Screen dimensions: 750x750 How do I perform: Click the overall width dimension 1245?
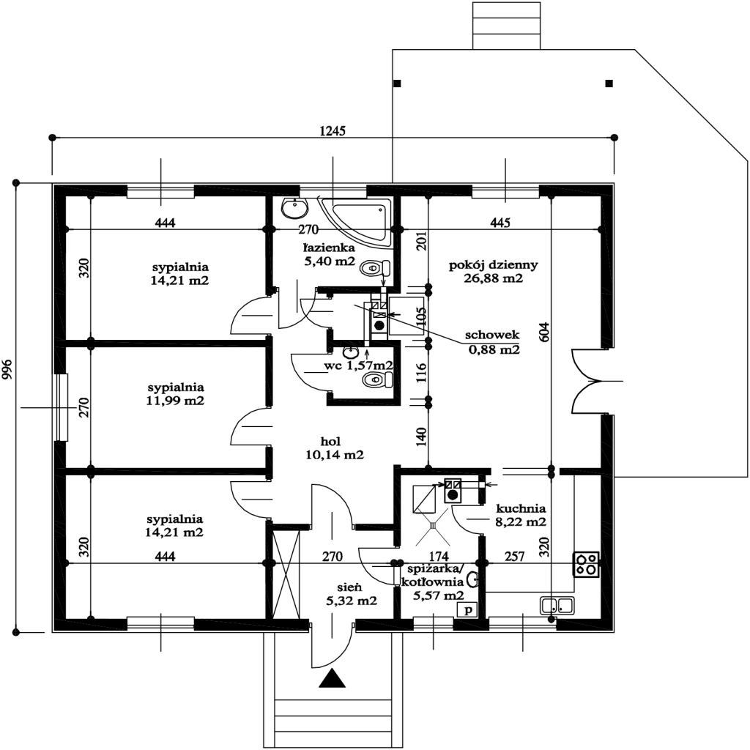[x=332, y=131]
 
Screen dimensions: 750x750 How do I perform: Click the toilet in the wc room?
[x=378, y=379]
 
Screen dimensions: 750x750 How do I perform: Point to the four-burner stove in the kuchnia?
[x=587, y=562]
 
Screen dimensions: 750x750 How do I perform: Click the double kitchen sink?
[x=557, y=606]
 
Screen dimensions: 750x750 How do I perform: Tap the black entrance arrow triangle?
[x=332, y=680]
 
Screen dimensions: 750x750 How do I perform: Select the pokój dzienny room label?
[x=494, y=272]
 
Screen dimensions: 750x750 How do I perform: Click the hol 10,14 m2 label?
[x=335, y=448]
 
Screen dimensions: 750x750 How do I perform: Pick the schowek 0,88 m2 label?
[x=493, y=342]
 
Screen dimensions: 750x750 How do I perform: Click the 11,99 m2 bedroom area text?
[x=175, y=401]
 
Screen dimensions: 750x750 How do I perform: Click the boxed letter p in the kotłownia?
[x=467, y=609]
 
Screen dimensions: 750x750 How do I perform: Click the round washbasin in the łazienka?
[x=295, y=208]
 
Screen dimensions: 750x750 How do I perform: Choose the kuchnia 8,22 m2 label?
[x=521, y=516]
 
